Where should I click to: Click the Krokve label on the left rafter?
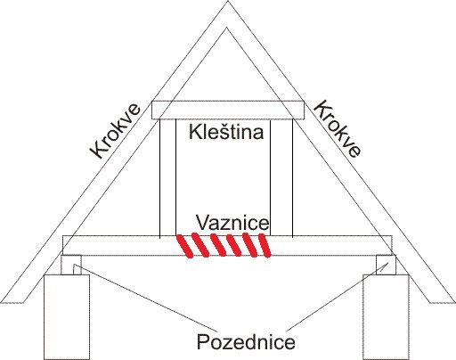[x=115, y=131]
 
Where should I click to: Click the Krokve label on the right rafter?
[x=338, y=129]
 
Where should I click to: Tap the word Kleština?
[x=226, y=132]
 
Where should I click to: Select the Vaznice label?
[x=232, y=223]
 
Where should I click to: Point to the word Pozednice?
[x=246, y=341]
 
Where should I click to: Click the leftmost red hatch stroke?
[x=184, y=246]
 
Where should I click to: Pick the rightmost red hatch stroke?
[x=265, y=245]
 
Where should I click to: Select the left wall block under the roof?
[x=67, y=317]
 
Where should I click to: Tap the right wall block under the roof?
[x=386, y=317]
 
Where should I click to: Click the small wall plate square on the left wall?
[x=71, y=265]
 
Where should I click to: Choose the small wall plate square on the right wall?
[x=386, y=265]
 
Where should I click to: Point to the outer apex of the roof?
[x=228, y=1]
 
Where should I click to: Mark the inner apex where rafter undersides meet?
[x=227, y=28]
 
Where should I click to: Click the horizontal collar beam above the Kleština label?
[x=228, y=110]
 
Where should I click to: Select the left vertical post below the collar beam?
[x=167, y=178]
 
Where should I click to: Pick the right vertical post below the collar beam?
[x=281, y=178]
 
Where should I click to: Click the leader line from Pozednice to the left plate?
[x=145, y=298]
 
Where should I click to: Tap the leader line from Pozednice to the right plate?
[x=338, y=297]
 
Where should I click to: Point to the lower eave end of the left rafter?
[x=12, y=303]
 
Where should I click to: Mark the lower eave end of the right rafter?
[x=443, y=303]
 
